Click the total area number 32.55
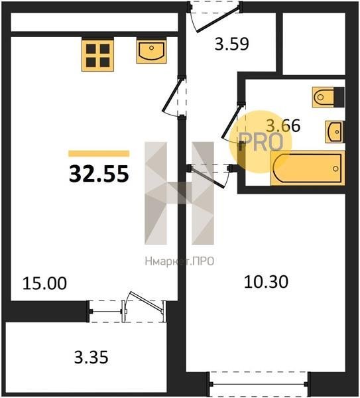pos(99,174)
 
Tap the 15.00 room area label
pos(44,283)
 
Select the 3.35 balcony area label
pos(91,357)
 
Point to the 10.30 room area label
pos(266,282)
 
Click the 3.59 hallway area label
pos(231,44)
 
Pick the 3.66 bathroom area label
pos(283,125)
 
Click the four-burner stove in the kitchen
pos(97,54)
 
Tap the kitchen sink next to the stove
pos(151,50)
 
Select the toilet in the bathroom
pos(328,97)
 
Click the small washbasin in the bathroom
pos(335,132)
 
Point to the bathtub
pos(308,168)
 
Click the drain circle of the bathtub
pos(335,168)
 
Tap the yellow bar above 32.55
pos(99,154)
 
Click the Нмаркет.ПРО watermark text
pos(180,261)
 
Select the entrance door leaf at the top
pos(218,20)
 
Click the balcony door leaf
pos(145,301)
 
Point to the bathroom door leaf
pos(231,121)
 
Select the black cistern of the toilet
pos(339,97)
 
